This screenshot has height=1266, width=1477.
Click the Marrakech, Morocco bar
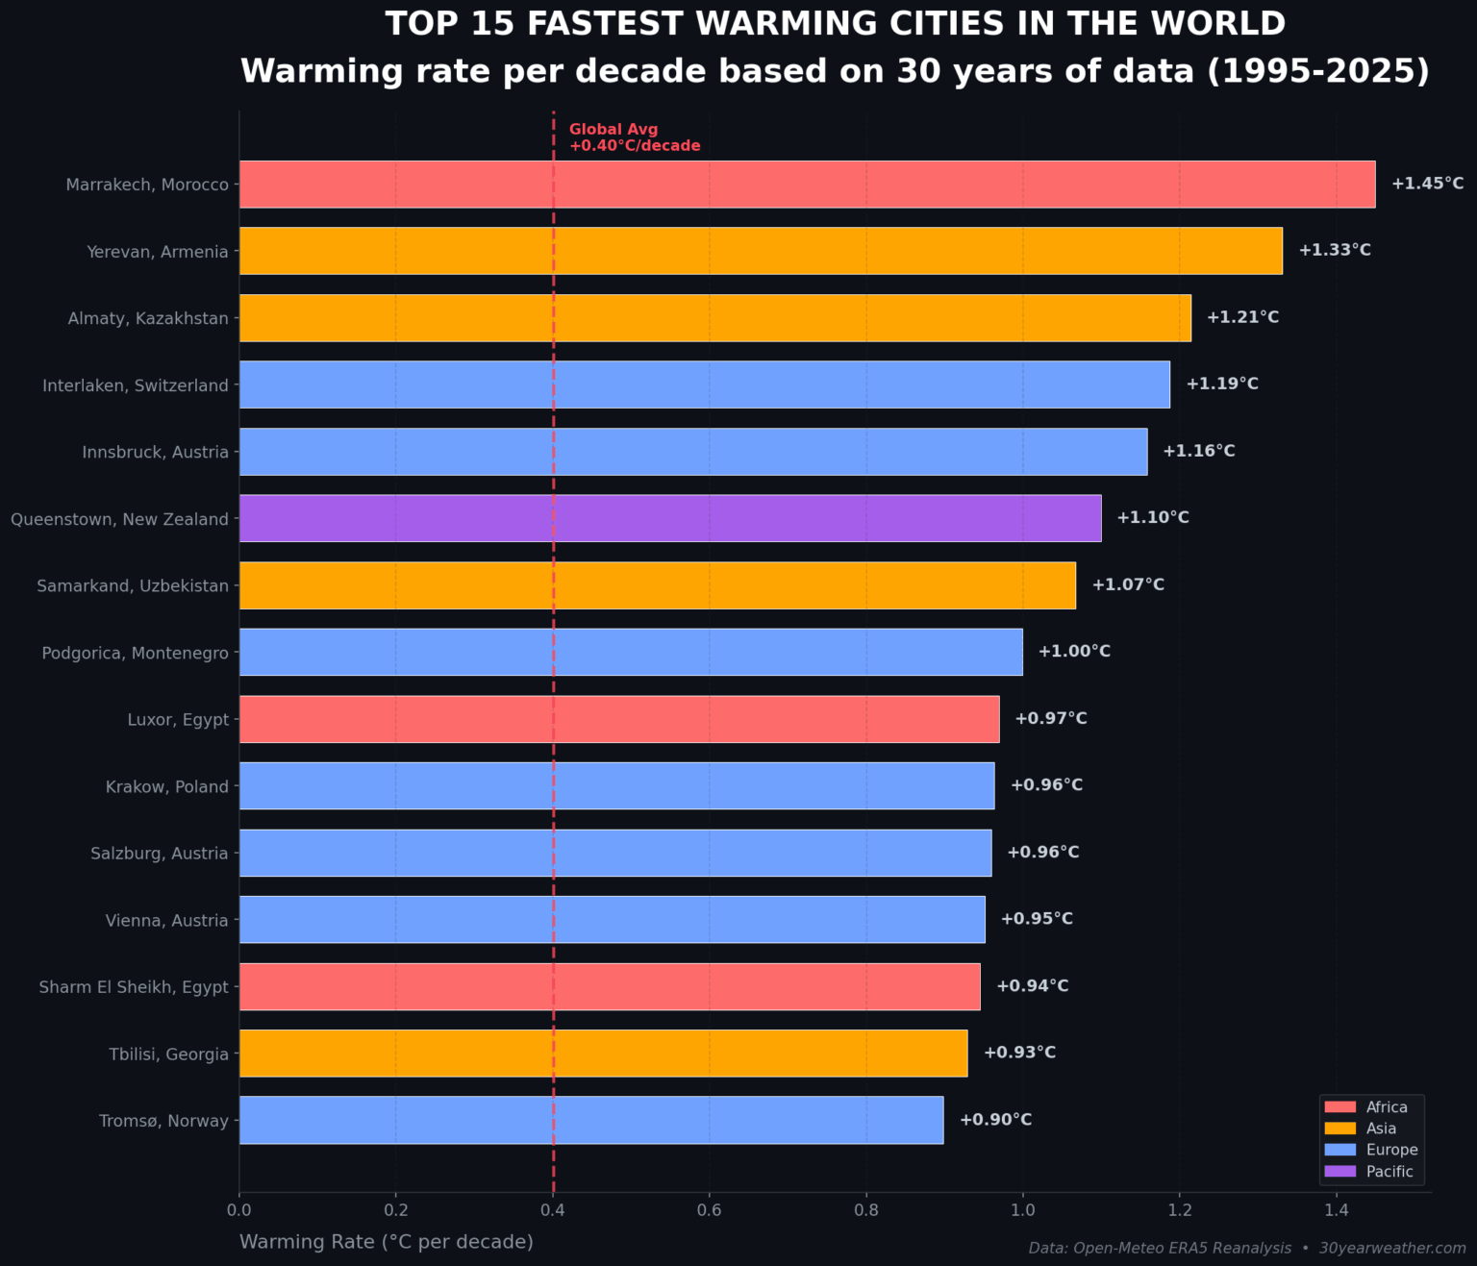(x=807, y=185)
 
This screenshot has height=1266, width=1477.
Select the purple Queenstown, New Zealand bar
(x=670, y=518)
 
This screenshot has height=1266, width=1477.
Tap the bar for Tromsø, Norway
(x=590, y=1120)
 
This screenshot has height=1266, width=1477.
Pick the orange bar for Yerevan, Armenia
(x=761, y=251)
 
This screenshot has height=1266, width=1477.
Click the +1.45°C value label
(x=1427, y=184)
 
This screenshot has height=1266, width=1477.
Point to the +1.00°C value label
(x=1074, y=652)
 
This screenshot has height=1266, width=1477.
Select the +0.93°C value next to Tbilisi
(x=1019, y=1053)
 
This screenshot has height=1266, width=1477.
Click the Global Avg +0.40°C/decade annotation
(x=634, y=137)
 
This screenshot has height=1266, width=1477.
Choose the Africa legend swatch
(x=1339, y=1107)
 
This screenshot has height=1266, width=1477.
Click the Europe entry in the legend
(x=1390, y=1150)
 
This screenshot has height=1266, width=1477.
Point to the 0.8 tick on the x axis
(x=866, y=1209)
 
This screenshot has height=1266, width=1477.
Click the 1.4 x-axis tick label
(x=1336, y=1209)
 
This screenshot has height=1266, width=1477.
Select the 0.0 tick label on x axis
(x=239, y=1209)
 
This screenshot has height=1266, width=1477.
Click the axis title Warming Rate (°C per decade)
(x=386, y=1242)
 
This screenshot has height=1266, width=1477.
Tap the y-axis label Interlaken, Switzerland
(x=136, y=385)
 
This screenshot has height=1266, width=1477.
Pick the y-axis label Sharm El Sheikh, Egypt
(x=134, y=987)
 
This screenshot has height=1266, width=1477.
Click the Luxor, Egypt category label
(x=178, y=720)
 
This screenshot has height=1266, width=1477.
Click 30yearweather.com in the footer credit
(x=1391, y=1248)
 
